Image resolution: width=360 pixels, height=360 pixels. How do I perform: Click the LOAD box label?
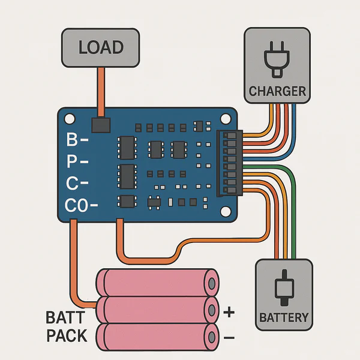coord(101,47)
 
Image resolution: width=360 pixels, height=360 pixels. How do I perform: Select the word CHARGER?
coord(277,92)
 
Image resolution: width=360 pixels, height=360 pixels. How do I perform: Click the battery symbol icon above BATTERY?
coord(284,289)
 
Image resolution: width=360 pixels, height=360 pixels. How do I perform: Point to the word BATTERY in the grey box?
coord(284,317)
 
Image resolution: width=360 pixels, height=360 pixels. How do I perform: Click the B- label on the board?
coord(77,141)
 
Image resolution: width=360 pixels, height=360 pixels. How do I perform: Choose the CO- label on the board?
coord(81,206)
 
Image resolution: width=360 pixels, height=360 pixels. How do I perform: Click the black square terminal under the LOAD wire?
coord(101,125)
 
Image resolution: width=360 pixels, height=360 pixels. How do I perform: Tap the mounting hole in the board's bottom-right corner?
coord(225,211)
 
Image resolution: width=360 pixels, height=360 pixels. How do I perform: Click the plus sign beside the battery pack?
coord(229,312)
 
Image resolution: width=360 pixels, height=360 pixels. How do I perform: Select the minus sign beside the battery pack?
coord(229,339)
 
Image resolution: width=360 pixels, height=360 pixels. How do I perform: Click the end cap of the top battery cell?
coord(211,282)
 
